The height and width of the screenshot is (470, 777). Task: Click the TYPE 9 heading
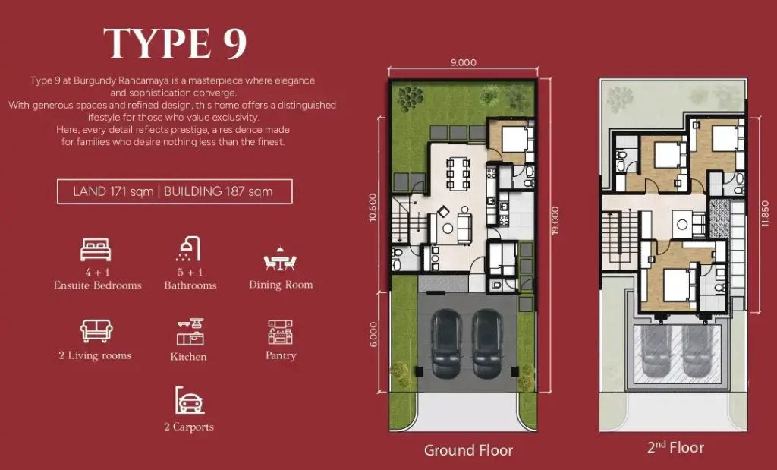tap(175, 43)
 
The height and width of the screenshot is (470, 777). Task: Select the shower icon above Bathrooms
tap(188, 249)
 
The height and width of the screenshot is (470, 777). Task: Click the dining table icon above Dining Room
tap(280, 260)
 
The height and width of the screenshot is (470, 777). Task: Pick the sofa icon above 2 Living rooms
tap(96, 331)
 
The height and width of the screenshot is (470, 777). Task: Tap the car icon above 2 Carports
tap(189, 400)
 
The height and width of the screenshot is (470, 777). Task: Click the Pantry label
tap(281, 355)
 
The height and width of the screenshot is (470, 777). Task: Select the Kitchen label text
tap(188, 356)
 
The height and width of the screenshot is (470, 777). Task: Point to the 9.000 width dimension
tap(463, 63)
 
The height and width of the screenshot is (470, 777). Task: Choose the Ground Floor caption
tap(468, 450)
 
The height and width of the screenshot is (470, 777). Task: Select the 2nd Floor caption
tap(675, 447)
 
